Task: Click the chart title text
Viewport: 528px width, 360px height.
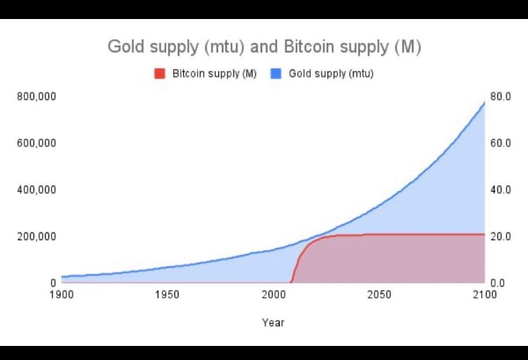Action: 264,46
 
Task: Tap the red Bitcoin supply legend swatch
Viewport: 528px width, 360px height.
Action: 160,73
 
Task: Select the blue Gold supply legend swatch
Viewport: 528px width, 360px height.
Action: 276,73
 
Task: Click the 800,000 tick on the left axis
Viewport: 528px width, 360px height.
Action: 36,96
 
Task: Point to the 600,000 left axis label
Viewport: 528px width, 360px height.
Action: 36,143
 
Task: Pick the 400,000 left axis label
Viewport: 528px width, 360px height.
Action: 36,190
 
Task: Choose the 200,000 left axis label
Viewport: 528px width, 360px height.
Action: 36,236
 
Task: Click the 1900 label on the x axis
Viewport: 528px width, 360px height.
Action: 62,294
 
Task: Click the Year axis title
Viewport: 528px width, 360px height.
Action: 273,322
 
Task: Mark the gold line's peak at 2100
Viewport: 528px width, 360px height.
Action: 484,103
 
